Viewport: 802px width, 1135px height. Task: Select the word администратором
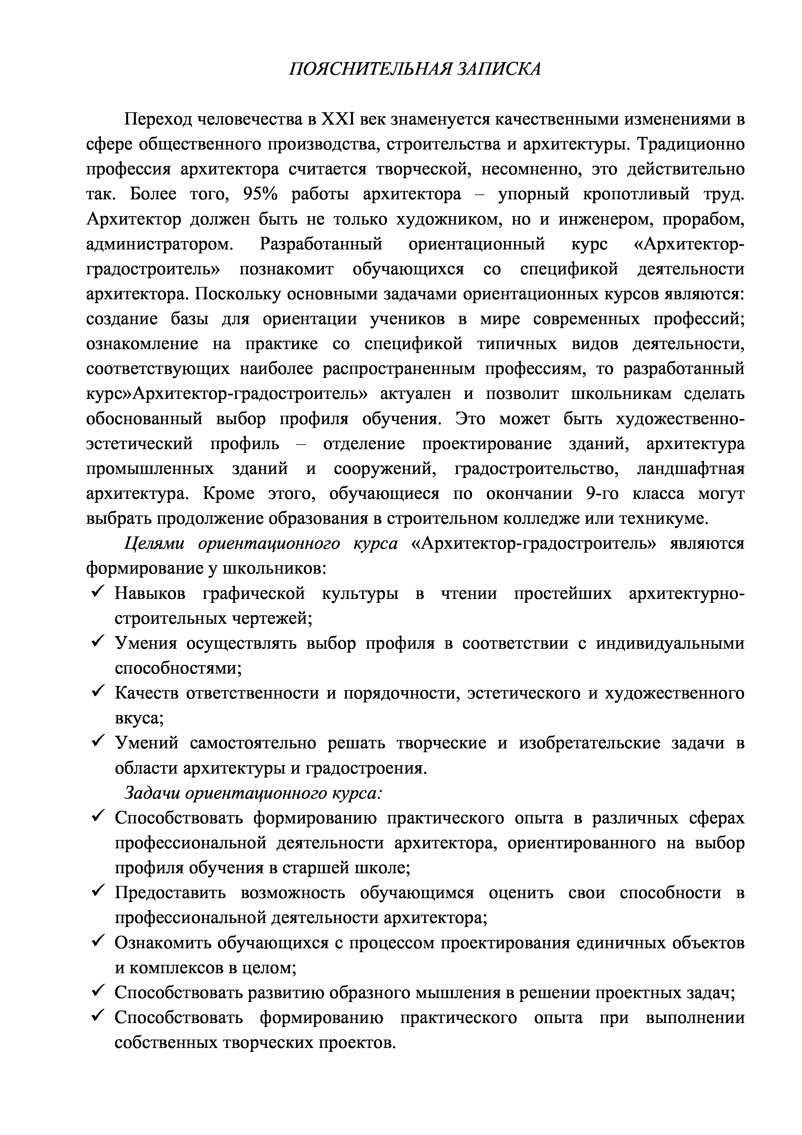coord(159,244)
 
